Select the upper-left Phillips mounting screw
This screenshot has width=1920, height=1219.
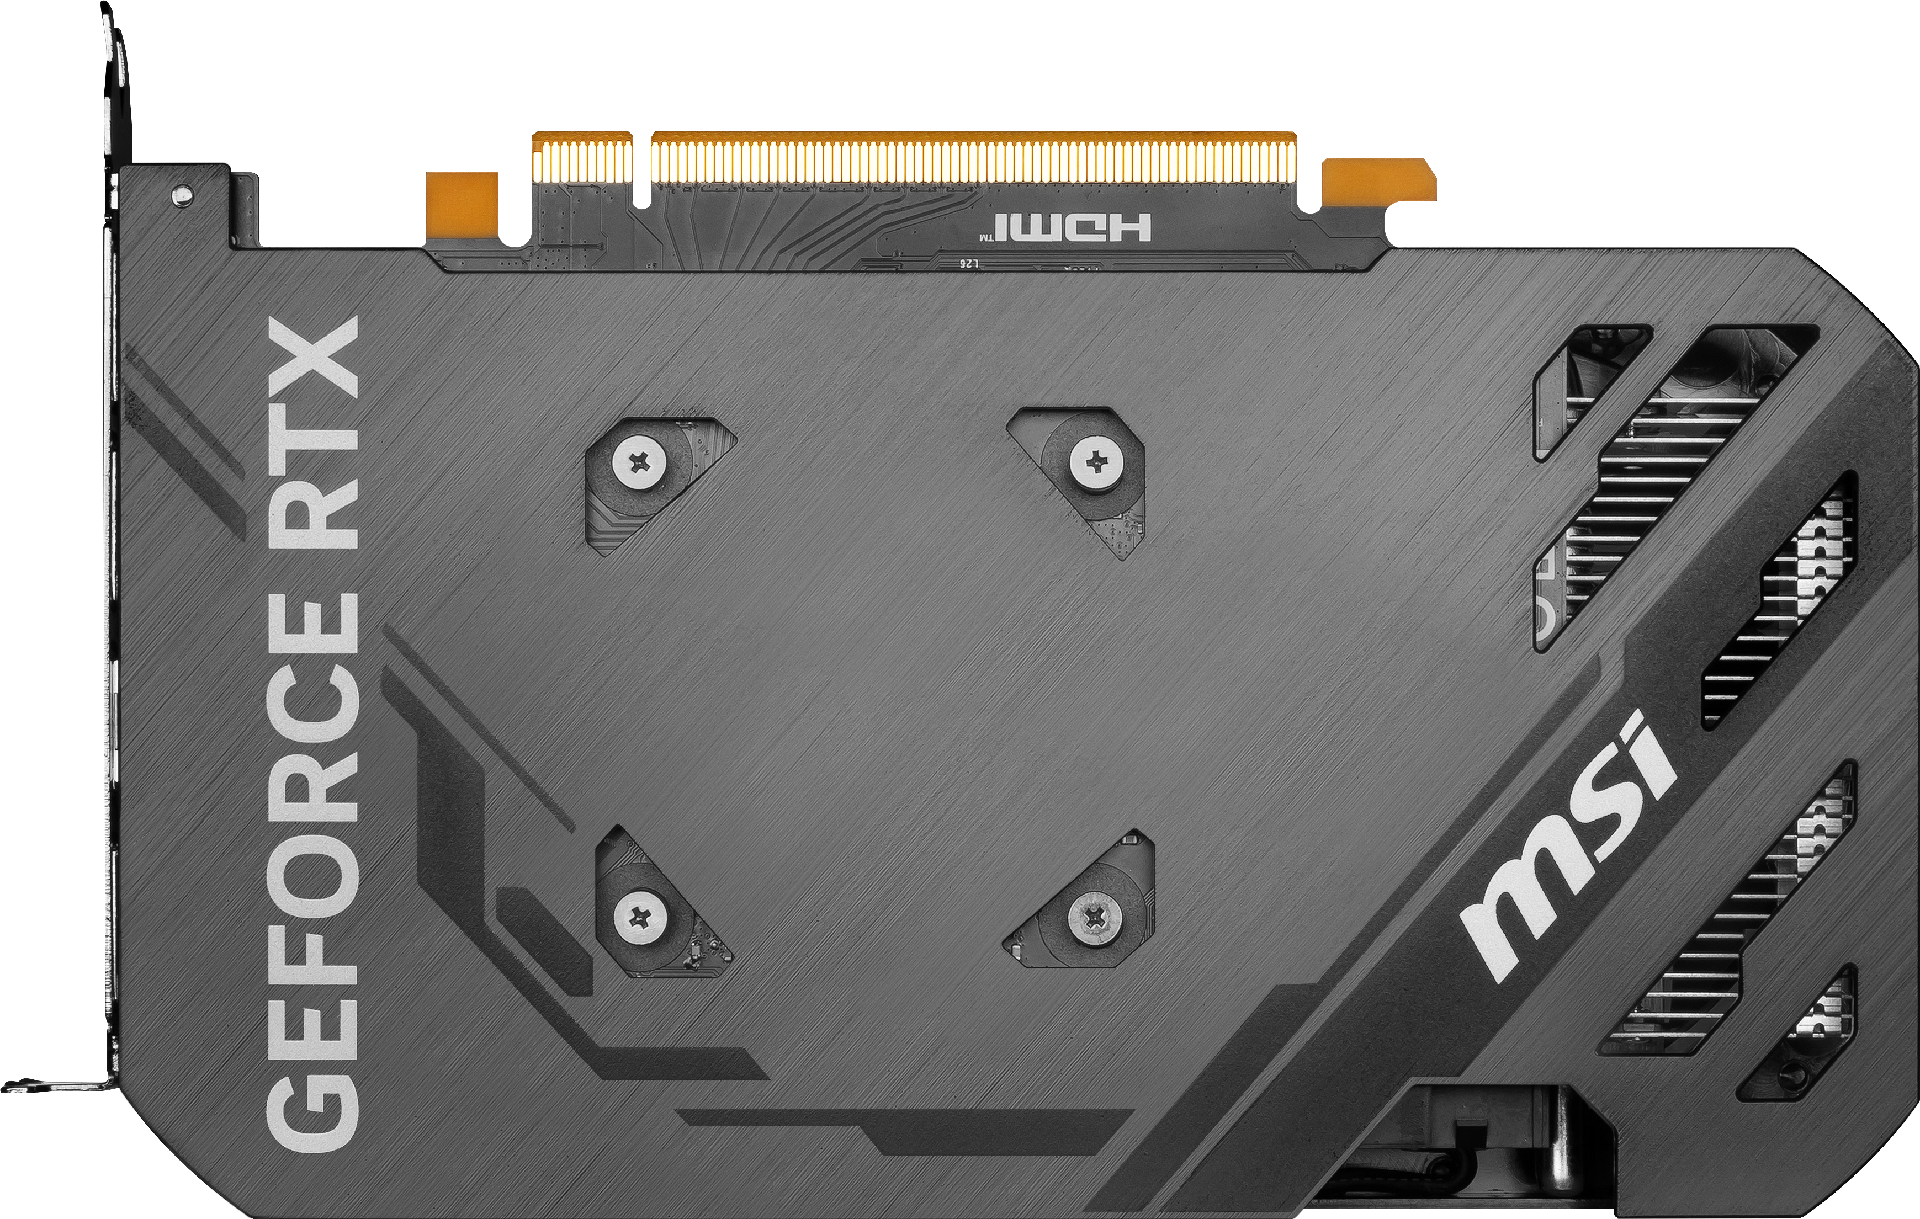tap(639, 462)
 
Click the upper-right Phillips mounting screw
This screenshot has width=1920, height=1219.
tap(1096, 460)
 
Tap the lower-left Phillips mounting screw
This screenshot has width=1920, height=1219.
tap(639, 918)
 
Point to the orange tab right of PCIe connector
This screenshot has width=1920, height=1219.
tap(1376, 182)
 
